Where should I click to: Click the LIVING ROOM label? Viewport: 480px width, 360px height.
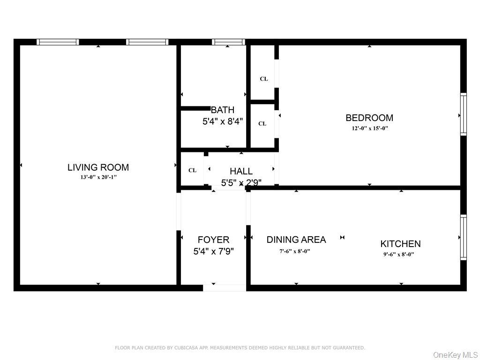tap(98, 167)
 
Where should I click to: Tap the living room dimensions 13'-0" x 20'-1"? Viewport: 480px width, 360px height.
tap(98, 177)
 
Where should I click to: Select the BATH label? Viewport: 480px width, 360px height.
tap(223, 110)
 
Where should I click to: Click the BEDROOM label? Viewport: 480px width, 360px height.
tap(369, 118)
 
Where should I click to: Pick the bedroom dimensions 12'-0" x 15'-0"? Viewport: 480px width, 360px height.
tap(369, 128)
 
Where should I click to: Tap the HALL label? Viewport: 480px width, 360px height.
tap(241, 172)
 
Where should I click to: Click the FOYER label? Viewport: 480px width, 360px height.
tap(213, 240)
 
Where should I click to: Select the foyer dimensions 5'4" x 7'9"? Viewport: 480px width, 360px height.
tap(213, 251)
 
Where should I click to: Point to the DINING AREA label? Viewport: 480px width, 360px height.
tap(296, 240)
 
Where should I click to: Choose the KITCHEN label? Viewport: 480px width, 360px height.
tap(400, 244)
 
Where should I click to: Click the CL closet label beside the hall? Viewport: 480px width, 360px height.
tap(192, 170)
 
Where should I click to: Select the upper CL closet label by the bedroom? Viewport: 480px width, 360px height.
tap(264, 79)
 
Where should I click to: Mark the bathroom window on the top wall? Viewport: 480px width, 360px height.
tap(228, 42)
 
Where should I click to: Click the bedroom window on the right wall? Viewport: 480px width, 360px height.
tap(463, 114)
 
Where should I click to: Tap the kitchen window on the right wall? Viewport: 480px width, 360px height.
tap(463, 237)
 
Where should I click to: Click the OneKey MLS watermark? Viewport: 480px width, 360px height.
tap(455, 354)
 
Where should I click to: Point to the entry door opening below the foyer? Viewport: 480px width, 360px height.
tap(225, 288)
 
